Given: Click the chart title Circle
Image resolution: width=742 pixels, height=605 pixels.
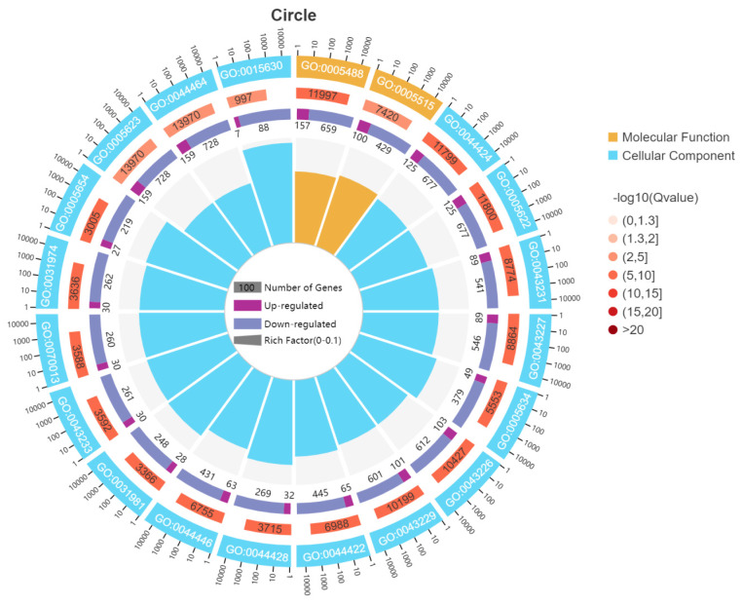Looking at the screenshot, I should click(293, 15).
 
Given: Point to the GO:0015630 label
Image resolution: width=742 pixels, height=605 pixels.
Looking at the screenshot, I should click(251, 70).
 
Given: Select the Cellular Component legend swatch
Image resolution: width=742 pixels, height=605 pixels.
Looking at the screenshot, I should click(613, 155).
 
